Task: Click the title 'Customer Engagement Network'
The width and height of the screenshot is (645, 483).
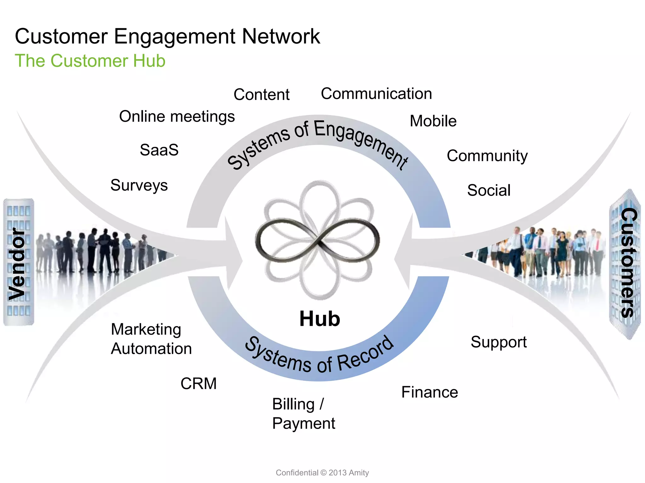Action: tap(167, 36)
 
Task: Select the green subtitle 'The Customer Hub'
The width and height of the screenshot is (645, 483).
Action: tap(90, 61)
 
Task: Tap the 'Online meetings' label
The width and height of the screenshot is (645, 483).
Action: tap(177, 117)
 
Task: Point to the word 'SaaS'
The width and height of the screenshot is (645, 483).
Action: tap(159, 150)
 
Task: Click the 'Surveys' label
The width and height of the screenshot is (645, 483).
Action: tap(139, 185)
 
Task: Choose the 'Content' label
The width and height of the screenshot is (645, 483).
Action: tap(261, 95)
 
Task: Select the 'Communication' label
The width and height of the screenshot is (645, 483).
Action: tap(376, 94)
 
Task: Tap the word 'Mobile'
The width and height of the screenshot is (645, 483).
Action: tap(433, 121)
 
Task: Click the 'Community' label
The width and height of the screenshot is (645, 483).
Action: tap(487, 156)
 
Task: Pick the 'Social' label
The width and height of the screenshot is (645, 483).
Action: tap(489, 190)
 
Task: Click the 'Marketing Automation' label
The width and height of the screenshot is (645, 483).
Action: tap(151, 339)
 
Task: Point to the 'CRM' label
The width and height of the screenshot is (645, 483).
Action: tap(198, 384)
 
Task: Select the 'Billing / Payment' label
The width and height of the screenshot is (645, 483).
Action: tap(303, 414)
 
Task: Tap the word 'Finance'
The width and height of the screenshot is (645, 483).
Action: tap(430, 392)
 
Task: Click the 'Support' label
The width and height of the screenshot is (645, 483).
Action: tap(499, 342)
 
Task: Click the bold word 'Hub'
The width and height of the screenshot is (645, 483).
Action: tap(320, 319)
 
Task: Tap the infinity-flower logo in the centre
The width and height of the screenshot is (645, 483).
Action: tap(318, 241)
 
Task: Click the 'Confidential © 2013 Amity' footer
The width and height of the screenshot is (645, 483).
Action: tap(322, 473)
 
